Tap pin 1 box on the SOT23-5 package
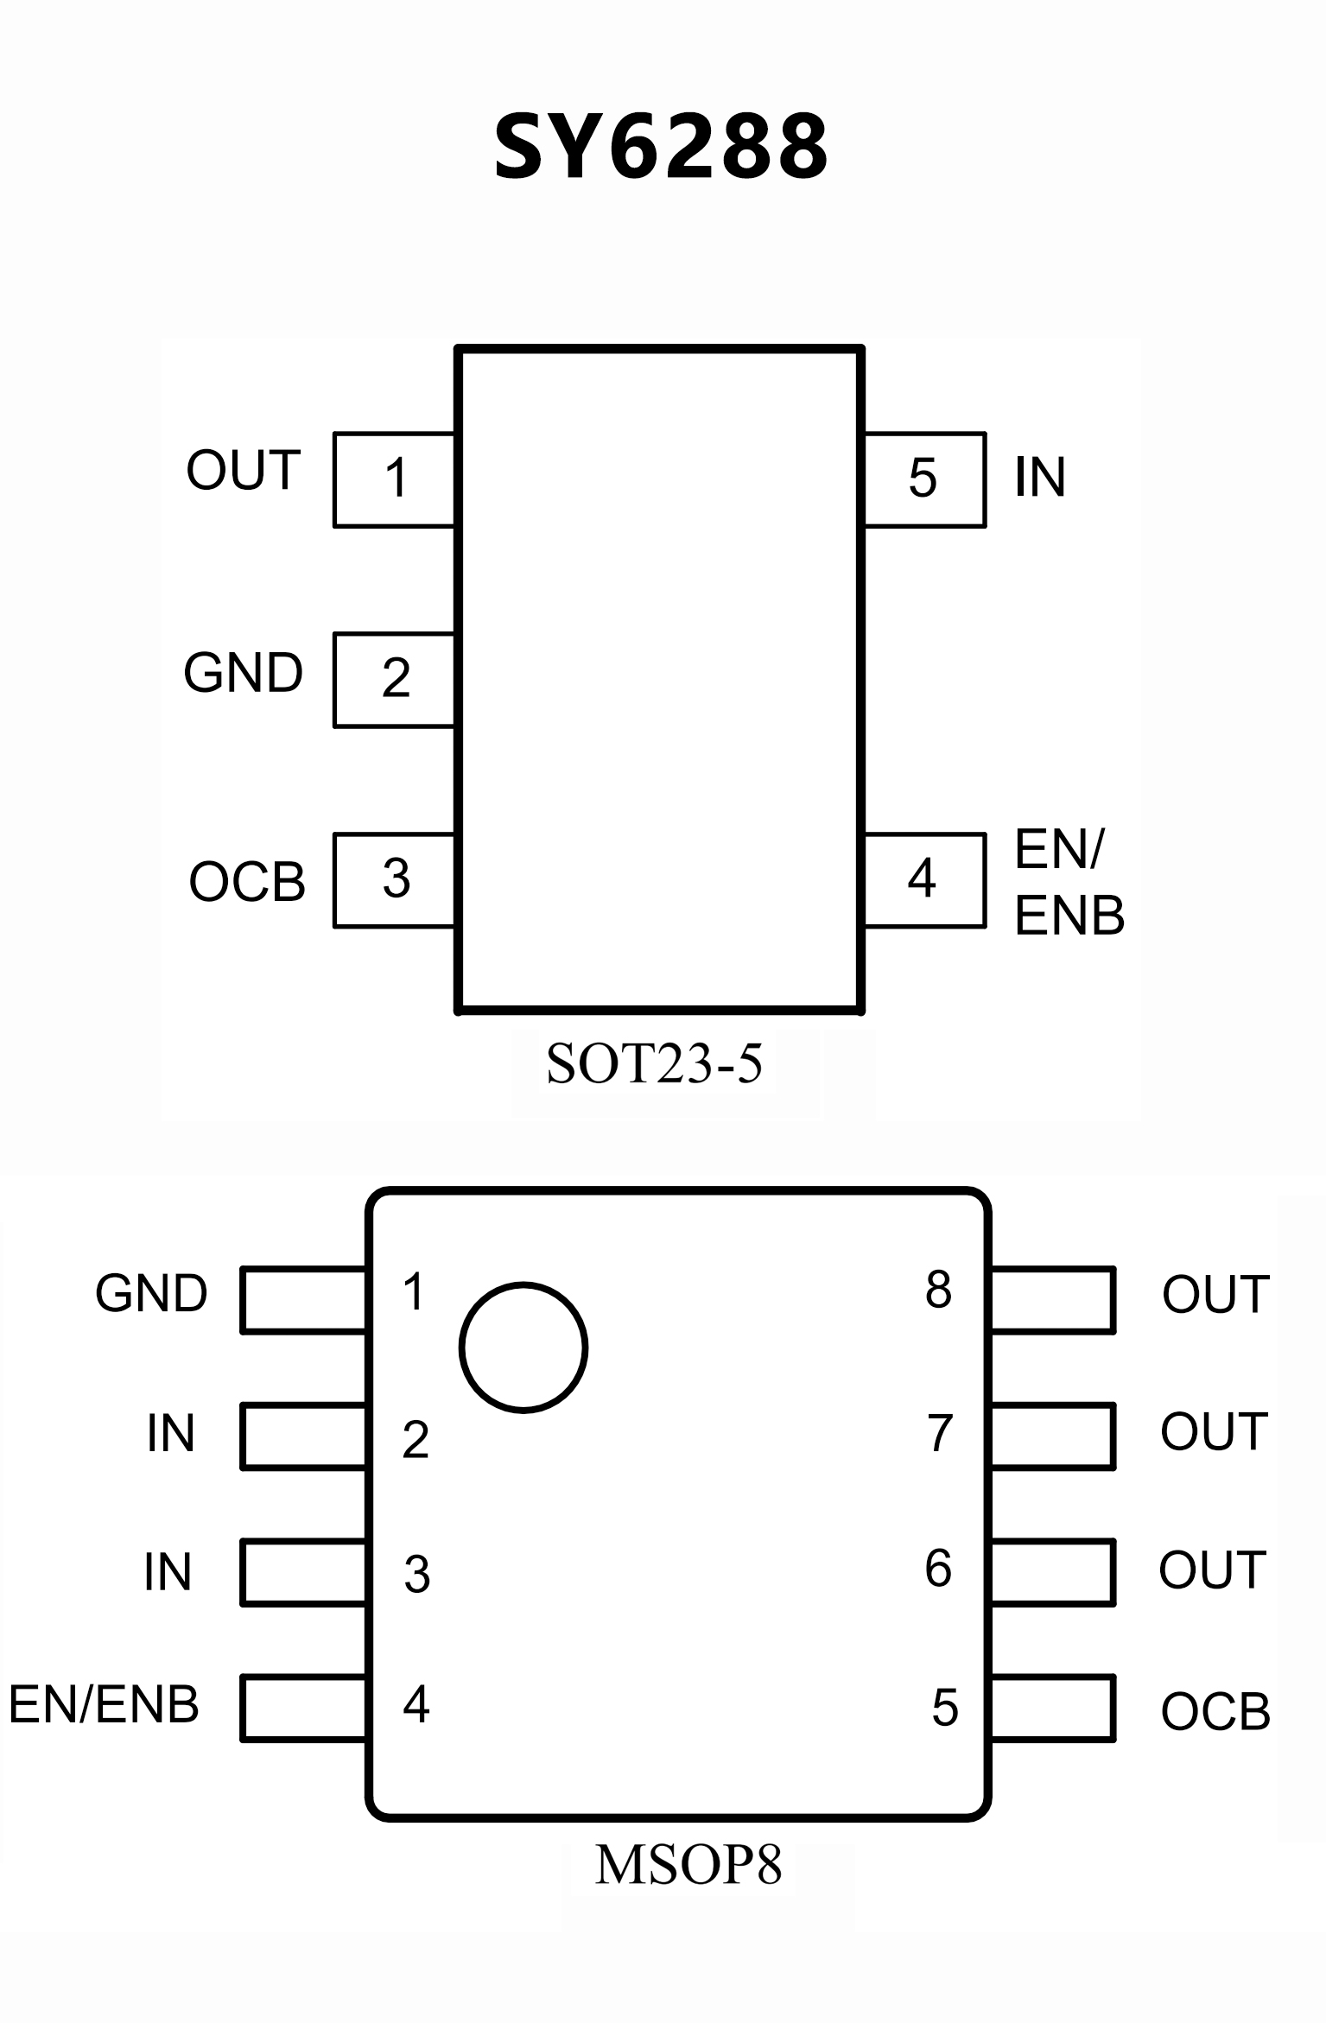pos(395,479)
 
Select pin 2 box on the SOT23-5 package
pos(395,680)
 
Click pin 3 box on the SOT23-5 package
pos(395,880)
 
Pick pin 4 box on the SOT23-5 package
pos(923,880)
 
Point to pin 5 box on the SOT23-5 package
pos(923,479)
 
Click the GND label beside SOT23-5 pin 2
pos(243,674)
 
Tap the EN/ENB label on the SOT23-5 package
pos(1069,882)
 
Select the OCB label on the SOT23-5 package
pos(247,882)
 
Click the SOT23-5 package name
pos(654,1063)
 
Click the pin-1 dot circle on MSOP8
pos(523,1348)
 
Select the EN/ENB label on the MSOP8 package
pos(104,1704)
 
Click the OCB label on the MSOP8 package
pos(1215,1712)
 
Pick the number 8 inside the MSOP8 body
pos(938,1290)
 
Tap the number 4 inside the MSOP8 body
pos(416,1704)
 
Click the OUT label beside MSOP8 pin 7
pos(1214,1432)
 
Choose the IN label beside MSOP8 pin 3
pos(168,1572)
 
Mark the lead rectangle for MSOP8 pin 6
pos(1052,1571)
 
